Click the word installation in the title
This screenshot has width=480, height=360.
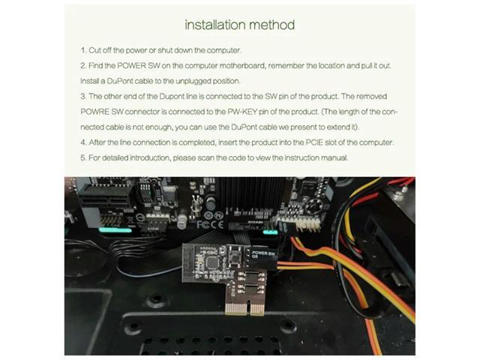click(216, 25)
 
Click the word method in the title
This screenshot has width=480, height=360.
click(274, 25)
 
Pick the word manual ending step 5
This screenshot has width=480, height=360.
click(334, 158)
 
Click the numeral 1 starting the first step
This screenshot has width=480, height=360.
click(82, 50)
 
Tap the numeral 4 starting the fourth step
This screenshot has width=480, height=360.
click(83, 142)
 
